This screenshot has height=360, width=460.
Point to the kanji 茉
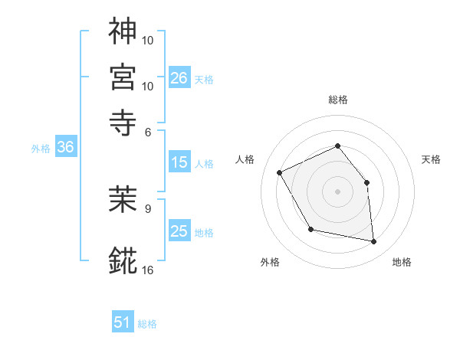click(x=123, y=201)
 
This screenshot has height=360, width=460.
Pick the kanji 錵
click(x=123, y=260)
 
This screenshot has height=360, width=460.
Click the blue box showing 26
click(x=179, y=78)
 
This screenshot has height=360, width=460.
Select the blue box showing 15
click(x=179, y=162)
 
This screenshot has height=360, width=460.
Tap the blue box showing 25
click(x=179, y=231)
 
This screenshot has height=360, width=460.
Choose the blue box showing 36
click(x=65, y=148)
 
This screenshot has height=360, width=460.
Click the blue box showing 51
click(x=123, y=322)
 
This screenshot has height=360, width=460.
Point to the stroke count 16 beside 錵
click(x=148, y=270)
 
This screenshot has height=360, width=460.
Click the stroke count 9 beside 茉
click(x=148, y=207)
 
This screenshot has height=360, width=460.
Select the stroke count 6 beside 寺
click(x=149, y=131)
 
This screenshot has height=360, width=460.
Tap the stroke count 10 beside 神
click(x=149, y=38)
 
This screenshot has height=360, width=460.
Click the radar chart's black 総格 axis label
click(x=337, y=100)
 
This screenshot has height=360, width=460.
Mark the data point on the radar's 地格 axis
click(x=373, y=242)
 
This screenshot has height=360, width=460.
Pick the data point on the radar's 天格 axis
click(x=366, y=182)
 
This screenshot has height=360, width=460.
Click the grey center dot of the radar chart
click(x=337, y=191)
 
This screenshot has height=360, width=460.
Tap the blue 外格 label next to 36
click(x=40, y=149)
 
